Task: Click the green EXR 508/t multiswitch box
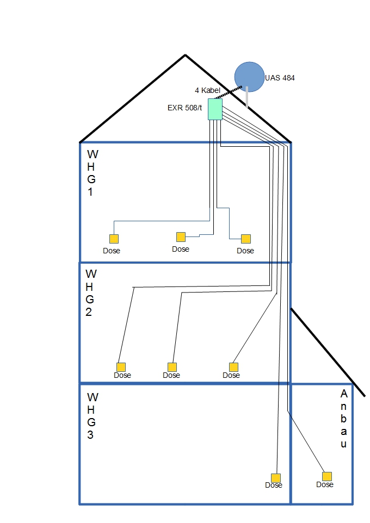point(215,109)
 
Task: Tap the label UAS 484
point(280,78)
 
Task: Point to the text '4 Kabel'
point(207,90)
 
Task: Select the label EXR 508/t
point(184,107)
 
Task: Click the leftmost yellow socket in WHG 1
point(114,239)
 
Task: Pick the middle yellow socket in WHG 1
point(181,236)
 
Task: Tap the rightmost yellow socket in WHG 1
point(246,239)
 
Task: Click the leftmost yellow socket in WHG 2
point(121,367)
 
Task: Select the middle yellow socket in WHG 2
point(172,367)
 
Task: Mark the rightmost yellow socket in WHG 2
point(234,367)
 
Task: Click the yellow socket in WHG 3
point(276,477)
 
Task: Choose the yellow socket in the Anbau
point(327,476)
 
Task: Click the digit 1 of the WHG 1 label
point(90,192)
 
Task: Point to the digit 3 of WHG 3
point(90,434)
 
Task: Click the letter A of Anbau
point(343,394)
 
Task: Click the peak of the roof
point(185,55)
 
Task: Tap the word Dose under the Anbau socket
point(325,484)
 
